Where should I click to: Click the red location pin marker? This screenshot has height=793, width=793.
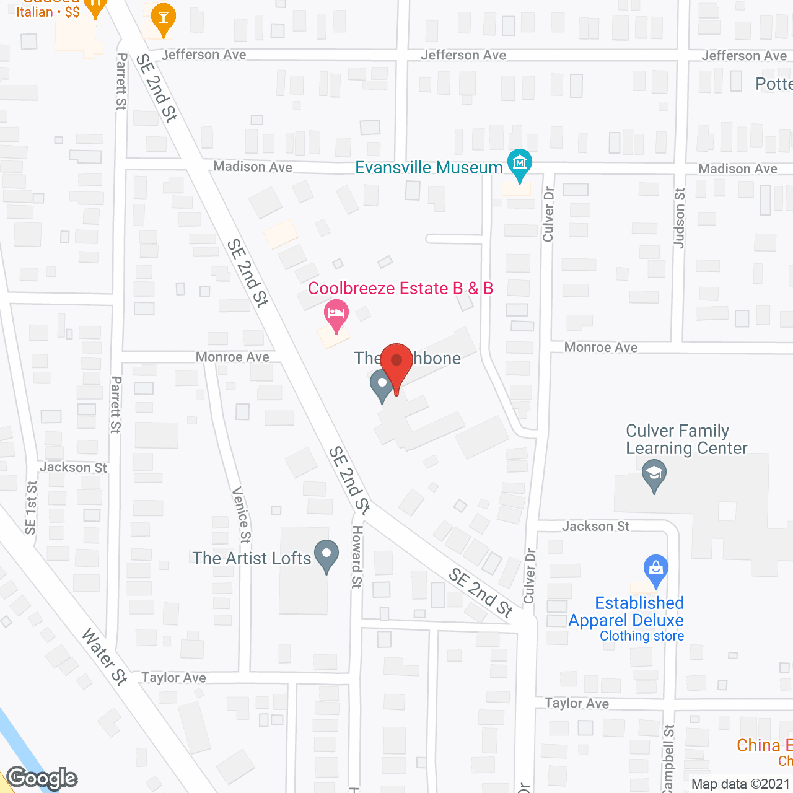click(x=396, y=363)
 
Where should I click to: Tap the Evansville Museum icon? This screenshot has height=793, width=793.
click(x=519, y=164)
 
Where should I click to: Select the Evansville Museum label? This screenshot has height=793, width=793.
click(x=429, y=168)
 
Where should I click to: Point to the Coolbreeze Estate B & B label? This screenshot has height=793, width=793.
click(x=400, y=288)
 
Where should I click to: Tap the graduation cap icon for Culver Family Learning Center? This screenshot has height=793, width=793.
click(x=654, y=474)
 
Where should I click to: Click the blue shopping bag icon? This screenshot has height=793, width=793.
click(x=655, y=568)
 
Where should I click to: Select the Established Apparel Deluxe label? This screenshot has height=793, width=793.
click(x=626, y=611)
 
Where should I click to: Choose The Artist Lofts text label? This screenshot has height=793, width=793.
click(x=252, y=558)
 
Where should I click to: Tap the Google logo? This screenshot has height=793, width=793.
click(x=42, y=778)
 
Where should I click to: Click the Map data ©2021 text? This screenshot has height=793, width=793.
click(x=741, y=784)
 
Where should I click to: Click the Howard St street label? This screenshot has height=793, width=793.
click(x=357, y=556)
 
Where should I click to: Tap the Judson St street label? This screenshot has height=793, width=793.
click(x=680, y=218)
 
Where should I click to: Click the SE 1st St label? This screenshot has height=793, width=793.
click(x=30, y=508)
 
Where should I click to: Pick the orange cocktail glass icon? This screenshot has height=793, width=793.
click(x=163, y=18)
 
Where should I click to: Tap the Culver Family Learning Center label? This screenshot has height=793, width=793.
click(x=686, y=439)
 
